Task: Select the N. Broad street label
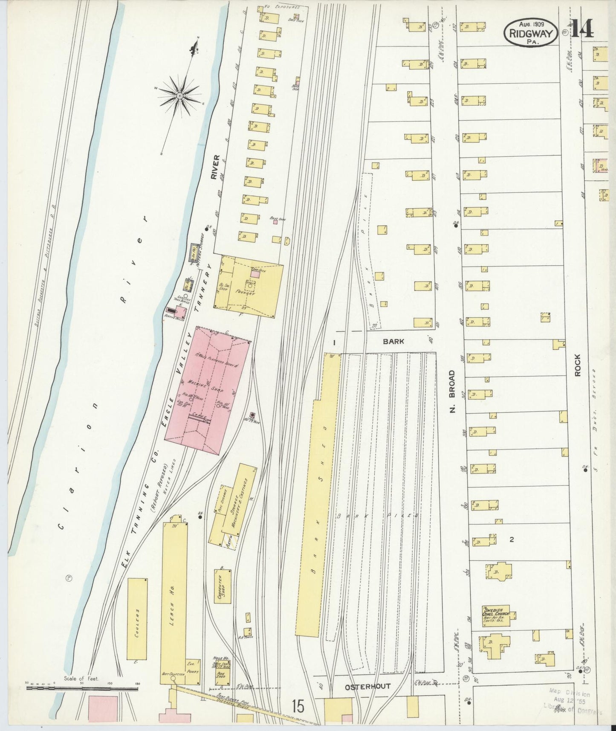coord(452,391)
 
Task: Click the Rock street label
coord(578,365)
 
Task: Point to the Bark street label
coord(393,341)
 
